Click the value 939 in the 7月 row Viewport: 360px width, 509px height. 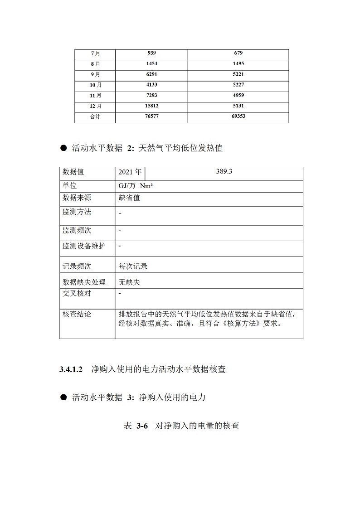pyautogui.click(x=151, y=53)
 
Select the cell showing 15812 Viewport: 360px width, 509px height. pyautogui.click(x=151, y=106)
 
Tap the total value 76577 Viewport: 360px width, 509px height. pyautogui.click(x=151, y=116)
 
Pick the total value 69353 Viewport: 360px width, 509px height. pyautogui.click(x=238, y=116)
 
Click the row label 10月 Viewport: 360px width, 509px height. pyautogui.click(x=95, y=85)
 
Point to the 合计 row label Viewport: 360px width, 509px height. pyautogui.click(x=95, y=116)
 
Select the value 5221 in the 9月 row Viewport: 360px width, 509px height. pyautogui.click(x=238, y=74)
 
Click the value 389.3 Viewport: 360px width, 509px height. pyautogui.click(x=224, y=171)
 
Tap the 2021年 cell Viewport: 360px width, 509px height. pyautogui.click(x=130, y=173)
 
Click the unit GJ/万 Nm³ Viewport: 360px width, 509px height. pyautogui.click(x=135, y=186)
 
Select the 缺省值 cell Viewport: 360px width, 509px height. pyautogui.click(x=129, y=198)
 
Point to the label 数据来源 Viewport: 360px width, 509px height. pyautogui.click(x=77, y=198)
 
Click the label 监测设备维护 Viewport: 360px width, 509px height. pyautogui.click(x=84, y=246)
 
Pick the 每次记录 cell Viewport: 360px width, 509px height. pyautogui.click(x=133, y=266)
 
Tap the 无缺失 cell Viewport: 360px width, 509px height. pyautogui.click(x=129, y=282)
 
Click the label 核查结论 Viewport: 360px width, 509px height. pyautogui.click(x=77, y=314)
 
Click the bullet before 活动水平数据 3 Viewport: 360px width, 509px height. pyautogui.click(x=63, y=398)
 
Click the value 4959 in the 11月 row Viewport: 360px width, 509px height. pyautogui.click(x=238, y=95)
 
